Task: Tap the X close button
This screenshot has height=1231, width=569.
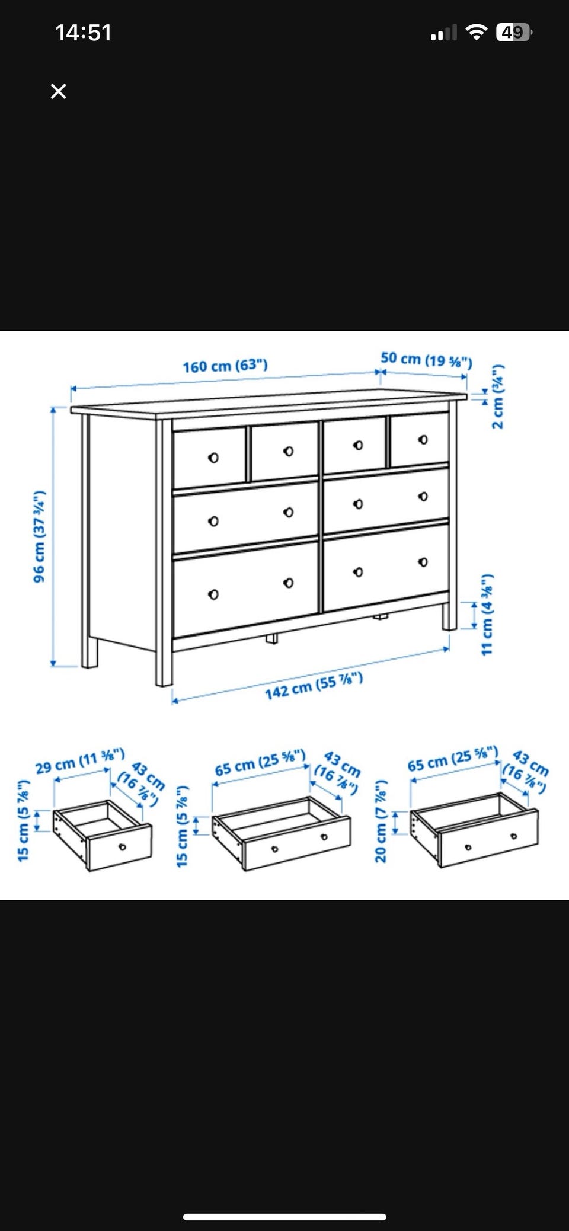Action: tap(58, 91)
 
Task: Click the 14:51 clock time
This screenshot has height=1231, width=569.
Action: tap(84, 33)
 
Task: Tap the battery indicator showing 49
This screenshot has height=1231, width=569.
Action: tap(514, 32)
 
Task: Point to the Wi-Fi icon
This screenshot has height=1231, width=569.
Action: tap(476, 32)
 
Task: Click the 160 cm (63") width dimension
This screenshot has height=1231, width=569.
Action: tap(225, 366)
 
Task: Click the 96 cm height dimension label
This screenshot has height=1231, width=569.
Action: tap(39, 536)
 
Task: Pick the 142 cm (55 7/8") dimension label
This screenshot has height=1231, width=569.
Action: tap(314, 686)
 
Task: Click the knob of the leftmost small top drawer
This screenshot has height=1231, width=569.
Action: tap(213, 458)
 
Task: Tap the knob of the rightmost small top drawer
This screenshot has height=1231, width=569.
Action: tap(423, 440)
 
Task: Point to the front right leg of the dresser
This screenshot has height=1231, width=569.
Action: tap(449, 616)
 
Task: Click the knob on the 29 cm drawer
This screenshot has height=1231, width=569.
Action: tap(122, 846)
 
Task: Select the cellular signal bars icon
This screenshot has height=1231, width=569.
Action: tap(444, 33)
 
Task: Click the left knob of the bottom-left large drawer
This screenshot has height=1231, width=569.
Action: tap(213, 594)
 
